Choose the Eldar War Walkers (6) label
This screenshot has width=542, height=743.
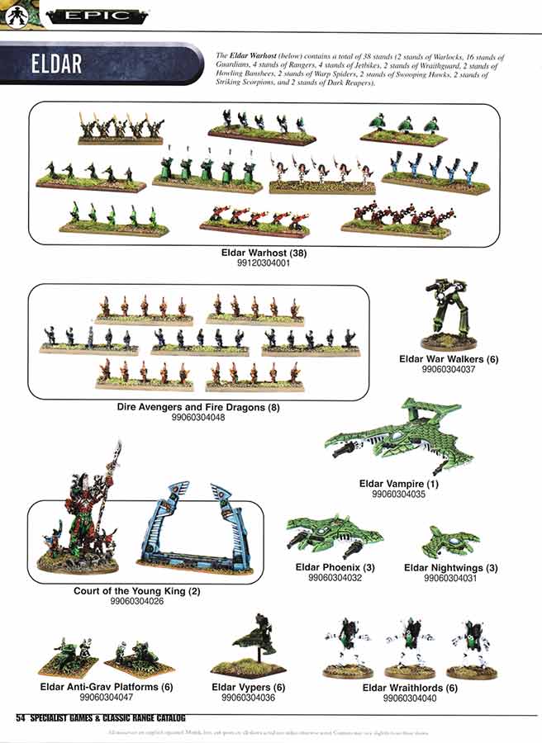(x=449, y=359)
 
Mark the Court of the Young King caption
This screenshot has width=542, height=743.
(x=136, y=591)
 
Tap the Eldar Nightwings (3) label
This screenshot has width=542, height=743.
(x=450, y=567)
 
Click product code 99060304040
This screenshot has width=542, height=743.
(x=410, y=698)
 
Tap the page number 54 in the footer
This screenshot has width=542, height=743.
(x=21, y=718)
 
